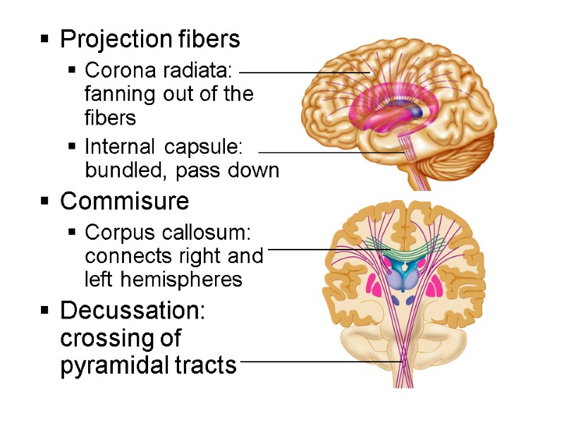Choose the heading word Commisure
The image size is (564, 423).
pos(124,202)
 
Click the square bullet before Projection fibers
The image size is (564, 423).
pos(45,40)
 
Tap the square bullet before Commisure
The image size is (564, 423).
pos(45,202)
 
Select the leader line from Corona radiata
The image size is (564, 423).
pos(305,72)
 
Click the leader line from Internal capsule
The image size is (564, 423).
pos(331,152)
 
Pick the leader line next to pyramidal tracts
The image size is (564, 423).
pos(321,362)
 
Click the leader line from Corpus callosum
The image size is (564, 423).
pos(328,249)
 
